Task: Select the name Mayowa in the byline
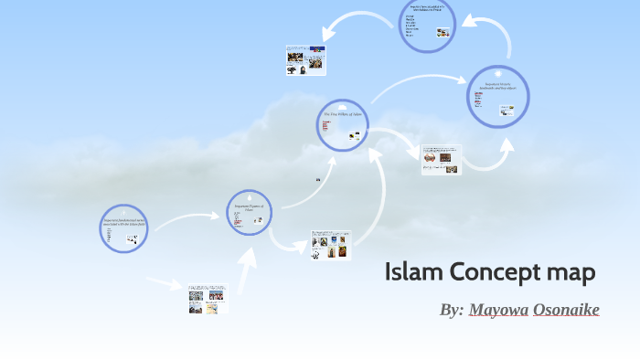click(498, 310)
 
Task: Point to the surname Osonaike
click(566, 310)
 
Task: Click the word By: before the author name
click(452, 310)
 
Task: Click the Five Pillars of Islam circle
click(343, 125)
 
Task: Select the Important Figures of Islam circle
click(251, 214)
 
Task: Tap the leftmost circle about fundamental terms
click(123, 228)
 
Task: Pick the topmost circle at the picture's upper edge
click(427, 26)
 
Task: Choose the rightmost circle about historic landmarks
click(498, 97)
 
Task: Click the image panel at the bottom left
click(208, 300)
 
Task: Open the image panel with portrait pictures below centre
click(330, 245)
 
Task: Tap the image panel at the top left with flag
click(305, 59)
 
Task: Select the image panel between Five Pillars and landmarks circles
click(441, 159)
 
